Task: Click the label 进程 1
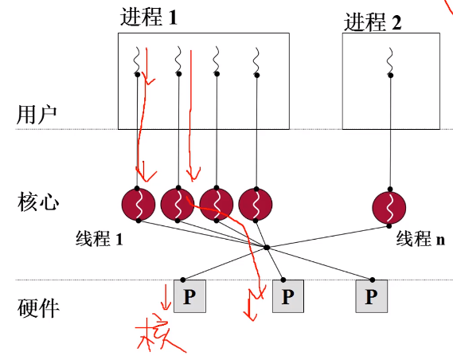149,17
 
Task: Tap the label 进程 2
373,22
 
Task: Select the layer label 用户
37,115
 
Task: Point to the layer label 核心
38,202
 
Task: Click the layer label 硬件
38,307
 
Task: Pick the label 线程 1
99,239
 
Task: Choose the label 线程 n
420,239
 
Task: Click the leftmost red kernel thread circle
139,204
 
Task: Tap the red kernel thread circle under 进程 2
389,208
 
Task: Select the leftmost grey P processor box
189,296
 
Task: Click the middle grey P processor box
288,296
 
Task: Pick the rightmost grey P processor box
372,296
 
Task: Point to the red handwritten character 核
159,335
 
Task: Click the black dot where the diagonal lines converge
267,248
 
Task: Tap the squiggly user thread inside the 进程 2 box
390,61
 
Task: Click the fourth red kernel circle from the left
256,204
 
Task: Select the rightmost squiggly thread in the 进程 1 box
256,61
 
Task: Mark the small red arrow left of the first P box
166,297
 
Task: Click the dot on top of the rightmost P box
373,280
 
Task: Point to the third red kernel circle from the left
217,204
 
